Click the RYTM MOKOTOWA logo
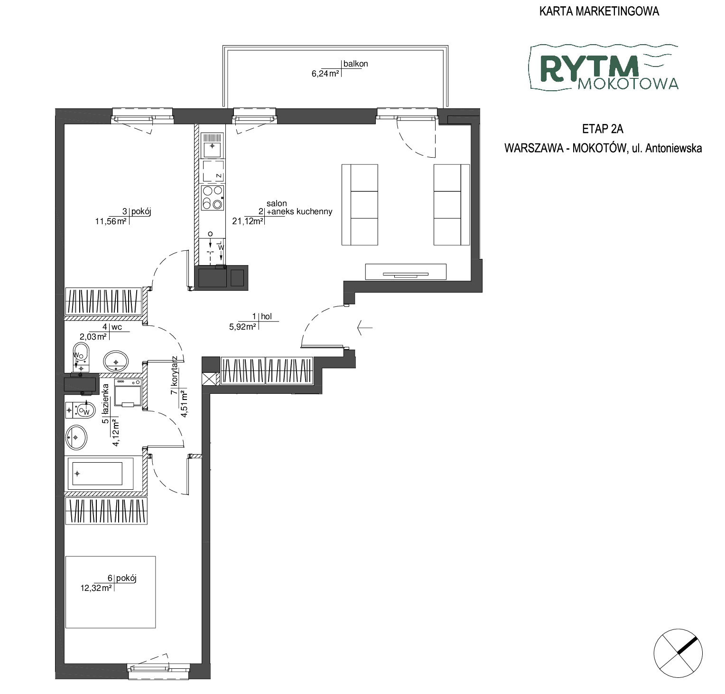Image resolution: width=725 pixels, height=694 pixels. click(604, 67)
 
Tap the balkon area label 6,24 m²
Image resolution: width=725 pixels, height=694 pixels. click(325, 74)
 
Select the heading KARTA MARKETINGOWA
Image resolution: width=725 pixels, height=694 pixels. click(599, 11)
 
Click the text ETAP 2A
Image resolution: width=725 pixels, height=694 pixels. click(603, 129)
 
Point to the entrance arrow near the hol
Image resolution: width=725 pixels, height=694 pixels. click(365, 327)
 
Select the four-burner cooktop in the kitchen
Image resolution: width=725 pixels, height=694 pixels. click(212, 198)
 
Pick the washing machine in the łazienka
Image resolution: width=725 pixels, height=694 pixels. click(128, 393)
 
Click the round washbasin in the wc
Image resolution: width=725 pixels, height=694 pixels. click(116, 361)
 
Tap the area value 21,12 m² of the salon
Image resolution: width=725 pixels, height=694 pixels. click(248, 220)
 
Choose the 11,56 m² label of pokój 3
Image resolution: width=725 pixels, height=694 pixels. click(111, 220)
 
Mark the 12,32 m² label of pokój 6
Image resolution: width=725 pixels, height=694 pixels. click(96, 588)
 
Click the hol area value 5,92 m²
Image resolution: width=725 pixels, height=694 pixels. click(242, 326)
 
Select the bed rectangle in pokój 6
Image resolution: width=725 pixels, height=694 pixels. click(111, 592)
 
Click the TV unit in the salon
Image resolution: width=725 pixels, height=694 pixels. click(406, 272)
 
